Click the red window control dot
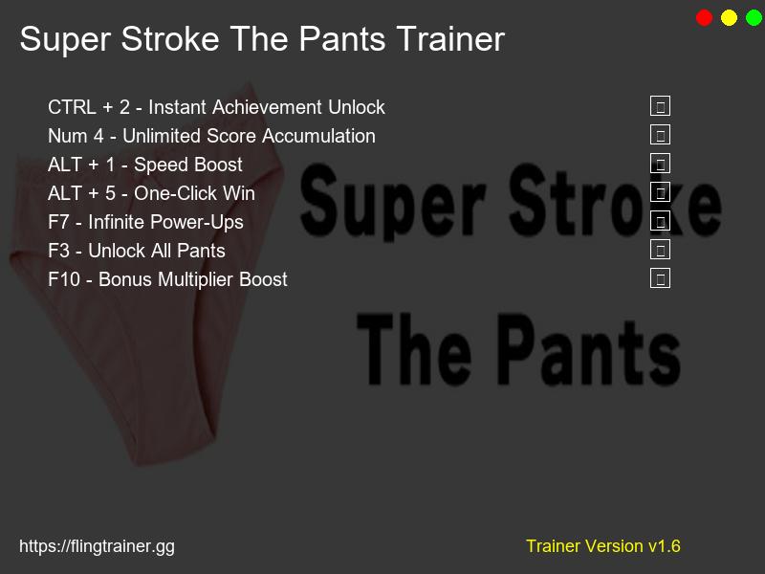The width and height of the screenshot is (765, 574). click(x=705, y=17)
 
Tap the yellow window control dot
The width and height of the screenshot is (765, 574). click(x=730, y=17)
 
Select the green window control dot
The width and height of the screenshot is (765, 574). click(x=754, y=17)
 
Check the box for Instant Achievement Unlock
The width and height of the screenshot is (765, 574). click(x=660, y=106)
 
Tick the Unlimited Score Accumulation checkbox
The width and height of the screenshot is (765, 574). click(x=660, y=135)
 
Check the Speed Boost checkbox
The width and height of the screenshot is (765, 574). click(x=660, y=164)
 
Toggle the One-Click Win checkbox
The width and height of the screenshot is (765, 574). click(x=660, y=192)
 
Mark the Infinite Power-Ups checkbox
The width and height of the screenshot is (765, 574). click(x=660, y=221)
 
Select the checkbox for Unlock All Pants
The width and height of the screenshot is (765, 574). click(x=660, y=250)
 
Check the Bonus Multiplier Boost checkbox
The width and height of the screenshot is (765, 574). click(x=660, y=278)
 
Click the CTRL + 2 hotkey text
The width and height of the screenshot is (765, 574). click(x=88, y=107)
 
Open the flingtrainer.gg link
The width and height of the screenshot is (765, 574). click(x=97, y=546)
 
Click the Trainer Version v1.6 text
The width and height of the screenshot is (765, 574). click(x=602, y=546)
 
